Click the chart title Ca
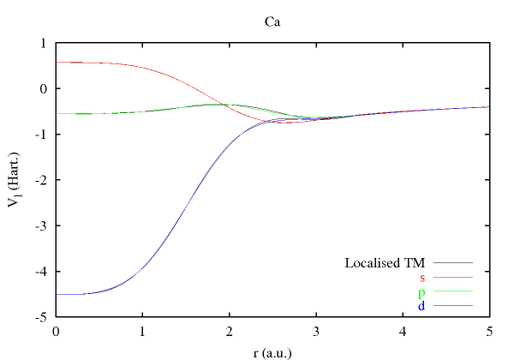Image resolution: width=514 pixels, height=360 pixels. coord(272,21)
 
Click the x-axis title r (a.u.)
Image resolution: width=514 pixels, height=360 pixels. coord(272,350)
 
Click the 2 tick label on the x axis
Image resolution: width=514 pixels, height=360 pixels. coord(229,331)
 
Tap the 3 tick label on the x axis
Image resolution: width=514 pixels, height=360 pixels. coord(315,331)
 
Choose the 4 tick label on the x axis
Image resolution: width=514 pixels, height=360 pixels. coord(402,331)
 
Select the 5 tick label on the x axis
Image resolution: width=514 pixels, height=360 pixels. coord(488,331)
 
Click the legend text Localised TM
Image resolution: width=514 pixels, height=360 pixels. coord(385,262)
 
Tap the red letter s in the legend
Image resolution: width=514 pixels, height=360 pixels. coord(422,278)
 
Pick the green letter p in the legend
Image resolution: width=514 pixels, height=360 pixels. coord(422,293)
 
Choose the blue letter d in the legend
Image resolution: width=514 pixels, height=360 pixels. coord(422,306)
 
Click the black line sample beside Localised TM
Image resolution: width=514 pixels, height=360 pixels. coord(453,262)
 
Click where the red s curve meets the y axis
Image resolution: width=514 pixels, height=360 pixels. coord(57,62)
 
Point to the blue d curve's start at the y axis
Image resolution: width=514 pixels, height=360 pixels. coord(57,294)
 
